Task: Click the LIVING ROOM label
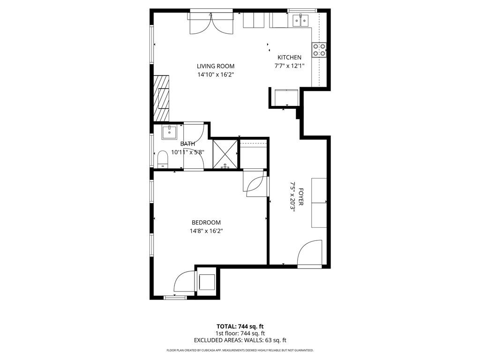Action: click(x=215, y=66)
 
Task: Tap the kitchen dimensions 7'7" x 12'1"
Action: click(x=289, y=66)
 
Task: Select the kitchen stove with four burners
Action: click(x=319, y=50)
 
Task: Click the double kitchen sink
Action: click(x=300, y=20)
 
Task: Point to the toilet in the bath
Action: click(x=162, y=158)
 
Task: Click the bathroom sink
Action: click(x=169, y=132)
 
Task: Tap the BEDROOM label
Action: click(x=206, y=223)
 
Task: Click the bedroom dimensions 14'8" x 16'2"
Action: click(x=206, y=231)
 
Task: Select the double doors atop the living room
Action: click(x=210, y=23)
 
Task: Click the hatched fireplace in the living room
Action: click(x=162, y=98)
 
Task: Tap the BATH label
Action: click(x=187, y=144)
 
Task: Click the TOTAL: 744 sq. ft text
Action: click(x=240, y=326)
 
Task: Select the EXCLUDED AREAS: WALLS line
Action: click(x=240, y=340)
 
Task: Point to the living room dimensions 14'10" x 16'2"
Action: click(x=215, y=74)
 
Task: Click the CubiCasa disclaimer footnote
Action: click(x=240, y=350)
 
